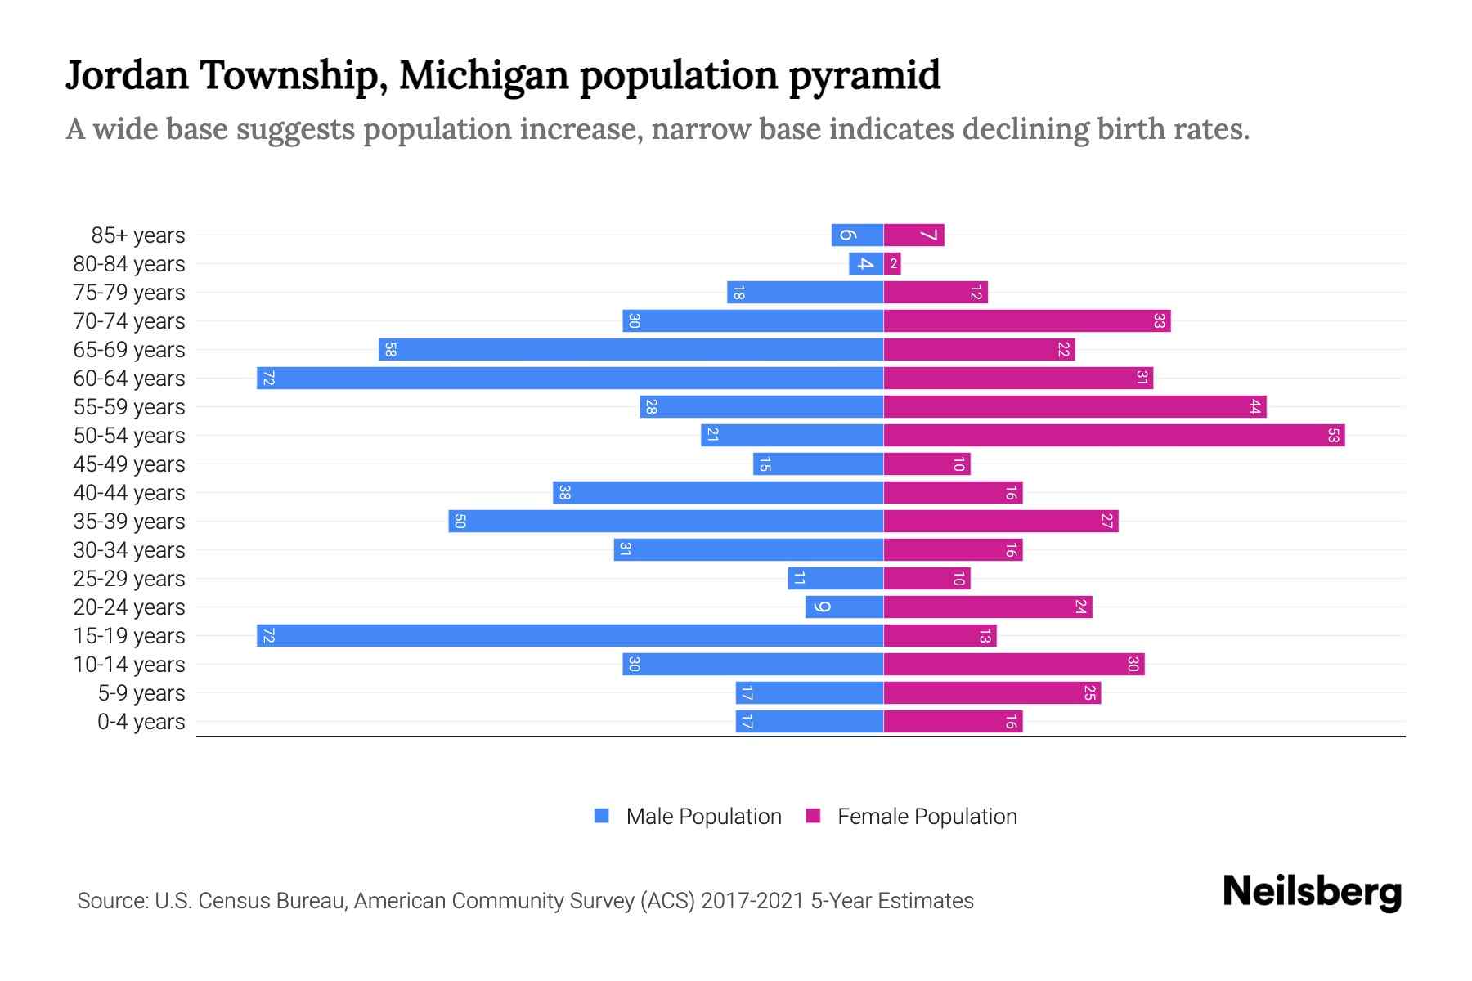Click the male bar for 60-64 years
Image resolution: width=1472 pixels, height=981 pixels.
pos(570,378)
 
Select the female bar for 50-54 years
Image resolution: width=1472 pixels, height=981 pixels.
pos(1114,435)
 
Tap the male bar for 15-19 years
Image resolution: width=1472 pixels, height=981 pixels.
pos(570,635)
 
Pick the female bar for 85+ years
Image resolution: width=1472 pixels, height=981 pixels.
pos(913,235)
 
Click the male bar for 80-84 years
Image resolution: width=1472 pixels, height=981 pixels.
pos(865,263)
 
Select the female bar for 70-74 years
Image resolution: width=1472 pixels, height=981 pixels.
pos(1026,320)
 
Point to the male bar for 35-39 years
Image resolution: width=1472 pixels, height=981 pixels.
pos(666,521)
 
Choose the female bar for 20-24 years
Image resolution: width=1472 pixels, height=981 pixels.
pos(988,607)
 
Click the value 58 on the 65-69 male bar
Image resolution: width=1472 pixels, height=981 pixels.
pos(390,350)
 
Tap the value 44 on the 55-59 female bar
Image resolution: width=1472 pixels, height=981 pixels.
pos(1255,406)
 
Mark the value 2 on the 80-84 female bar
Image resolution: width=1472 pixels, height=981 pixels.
pos(894,263)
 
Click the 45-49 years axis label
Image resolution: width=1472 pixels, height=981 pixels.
pos(129,464)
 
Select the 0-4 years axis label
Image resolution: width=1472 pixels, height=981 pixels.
pos(141,721)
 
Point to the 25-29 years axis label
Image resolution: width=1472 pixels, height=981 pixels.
pos(129,578)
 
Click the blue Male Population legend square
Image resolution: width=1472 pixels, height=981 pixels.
pos(602,816)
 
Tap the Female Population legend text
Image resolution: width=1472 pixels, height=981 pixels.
pos(927,816)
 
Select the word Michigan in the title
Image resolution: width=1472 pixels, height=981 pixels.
pos(483,75)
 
